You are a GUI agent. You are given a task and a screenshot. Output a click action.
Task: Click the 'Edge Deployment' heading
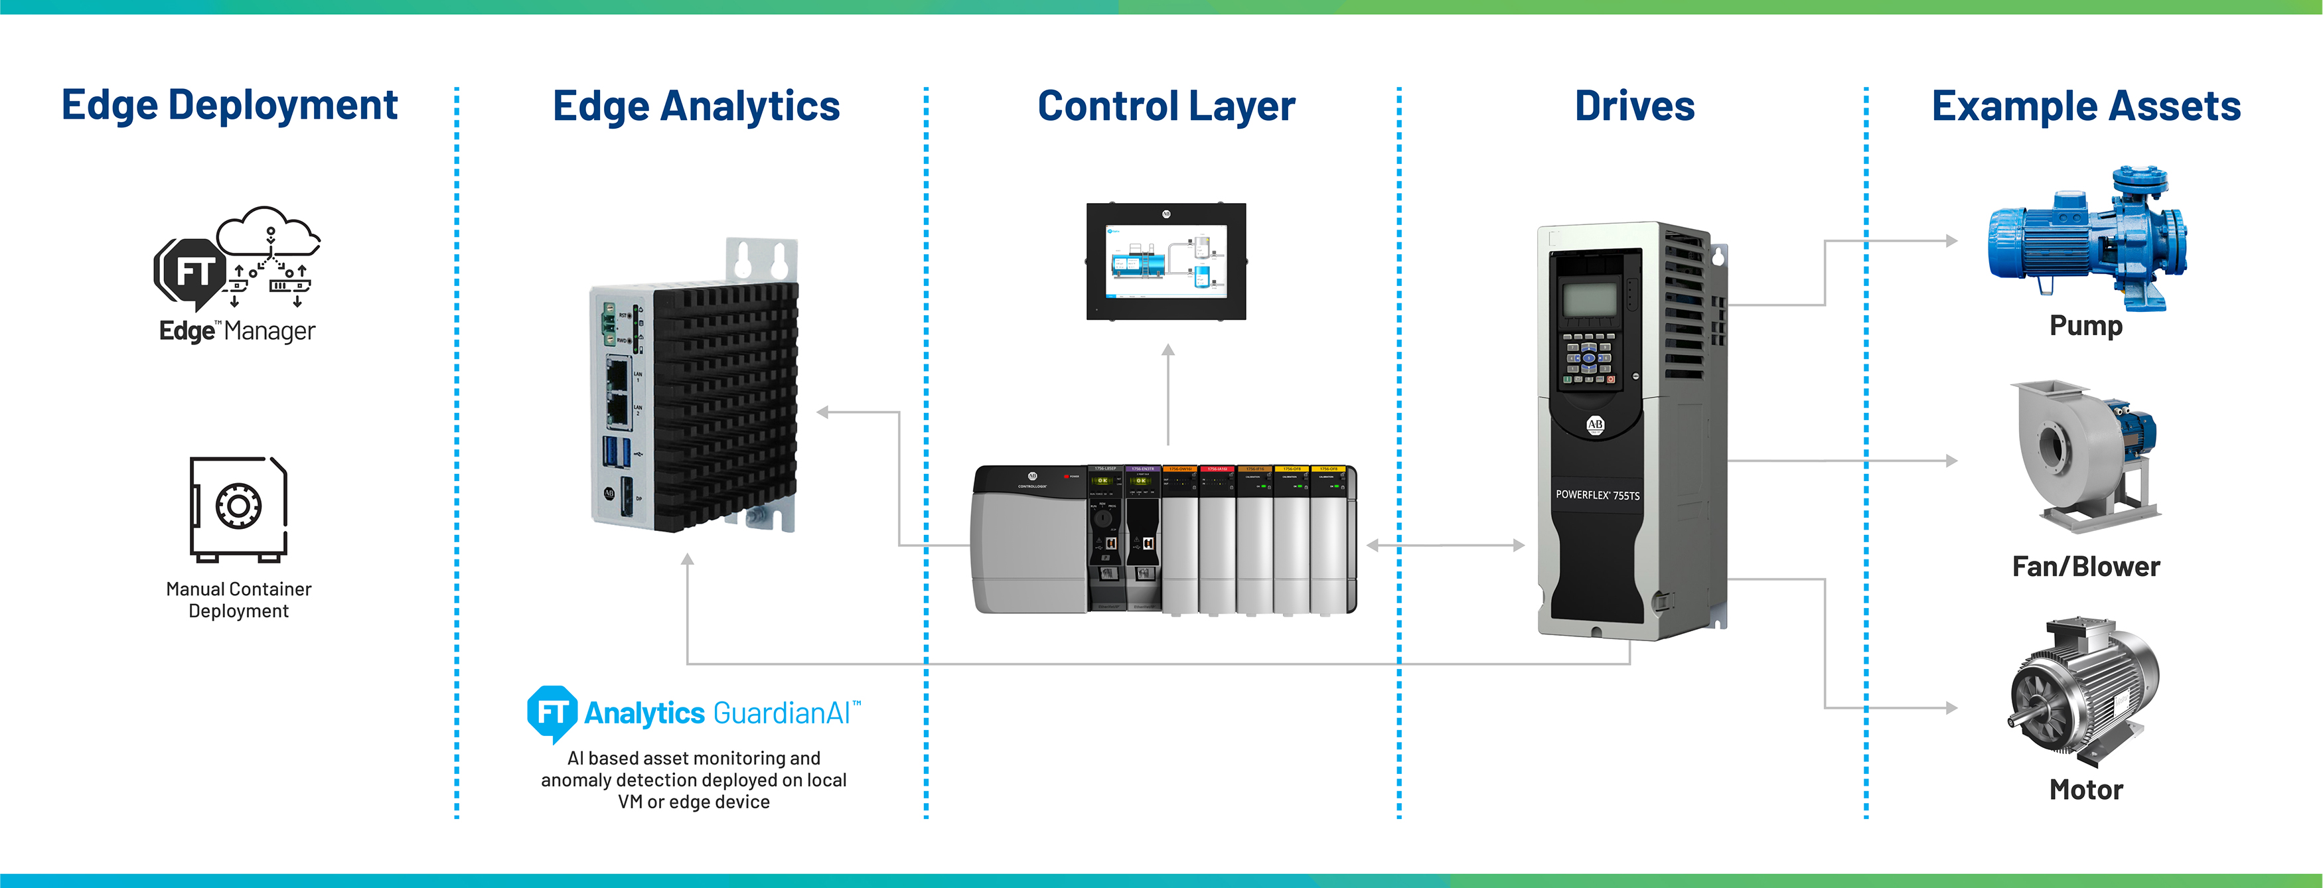[x=229, y=106]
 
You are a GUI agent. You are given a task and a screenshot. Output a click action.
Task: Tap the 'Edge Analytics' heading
[x=696, y=106]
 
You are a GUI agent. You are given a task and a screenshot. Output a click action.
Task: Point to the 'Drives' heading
[x=1634, y=106]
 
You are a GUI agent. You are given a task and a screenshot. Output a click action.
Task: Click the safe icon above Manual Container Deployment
[x=238, y=508]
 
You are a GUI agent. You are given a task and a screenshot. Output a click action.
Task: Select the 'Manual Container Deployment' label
[x=238, y=599]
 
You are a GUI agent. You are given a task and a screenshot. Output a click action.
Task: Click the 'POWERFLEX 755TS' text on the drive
[x=1597, y=495]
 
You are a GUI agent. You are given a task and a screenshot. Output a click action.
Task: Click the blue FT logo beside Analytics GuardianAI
[x=551, y=713]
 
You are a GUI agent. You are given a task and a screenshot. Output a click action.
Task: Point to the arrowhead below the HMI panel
[x=1168, y=350]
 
